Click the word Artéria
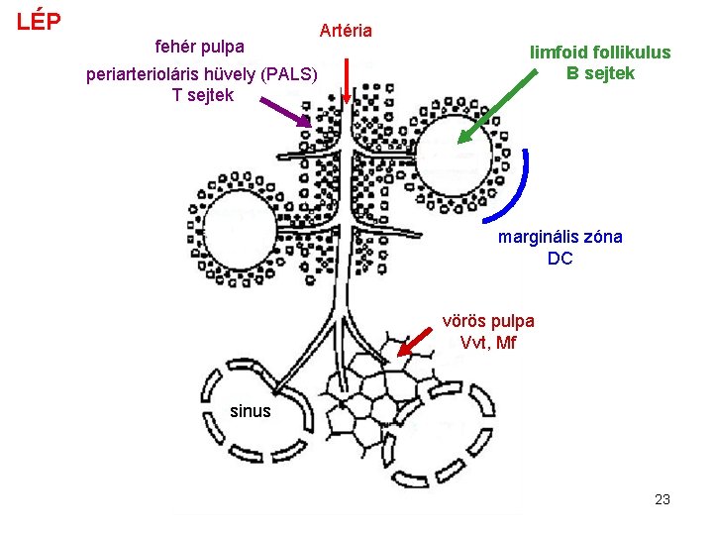click(346, 31)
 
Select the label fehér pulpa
click(201, 47)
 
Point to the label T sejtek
click(203, 95)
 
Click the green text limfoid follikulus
click(600, 53)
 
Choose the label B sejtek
click(600, 72)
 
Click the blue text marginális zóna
click(560, 237)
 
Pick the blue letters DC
click(560, 259)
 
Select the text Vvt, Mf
click(488, 343)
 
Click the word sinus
click(250, 410)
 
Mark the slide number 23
click(662, 499)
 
